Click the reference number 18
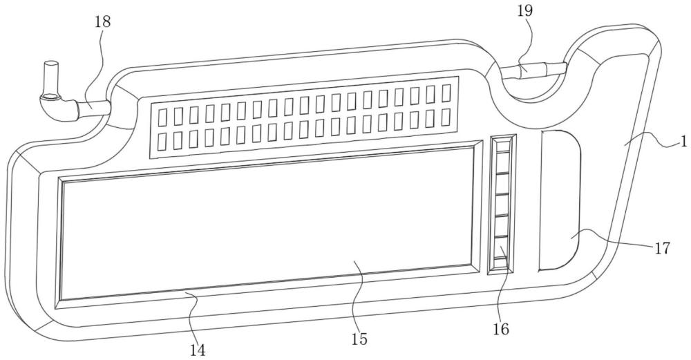[102, 21]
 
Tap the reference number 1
[682, 143]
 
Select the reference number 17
[662, 248]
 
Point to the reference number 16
[501, 329]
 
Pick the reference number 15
[358, 339]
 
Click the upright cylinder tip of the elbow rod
[50, 72]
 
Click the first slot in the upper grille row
[162, 115]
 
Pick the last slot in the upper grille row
[446, 92]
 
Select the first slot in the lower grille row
[162, 141]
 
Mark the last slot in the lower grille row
[446, 117]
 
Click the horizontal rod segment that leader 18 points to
[94, 107]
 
